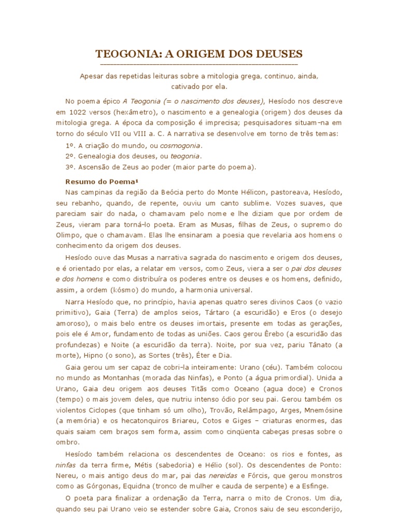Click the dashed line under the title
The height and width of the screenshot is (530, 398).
(x=198, y=64)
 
